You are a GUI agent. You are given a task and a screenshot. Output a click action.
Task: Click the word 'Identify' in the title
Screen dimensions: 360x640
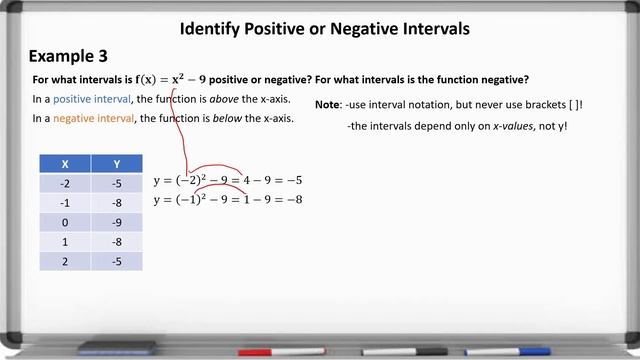coord(211,29)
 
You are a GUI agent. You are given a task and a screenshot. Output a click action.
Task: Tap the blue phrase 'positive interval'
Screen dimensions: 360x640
coord(93,100)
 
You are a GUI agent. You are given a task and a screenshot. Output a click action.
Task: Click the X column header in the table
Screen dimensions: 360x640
coord(65,164)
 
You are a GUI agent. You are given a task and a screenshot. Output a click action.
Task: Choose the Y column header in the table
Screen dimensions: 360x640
coord(117,164)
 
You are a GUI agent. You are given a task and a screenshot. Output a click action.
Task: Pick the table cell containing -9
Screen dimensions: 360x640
coord(117,222)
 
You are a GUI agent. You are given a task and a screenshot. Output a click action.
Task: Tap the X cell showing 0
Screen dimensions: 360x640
coord(65,222)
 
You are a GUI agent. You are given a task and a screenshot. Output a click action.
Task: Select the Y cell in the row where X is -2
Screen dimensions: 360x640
coord(117,183)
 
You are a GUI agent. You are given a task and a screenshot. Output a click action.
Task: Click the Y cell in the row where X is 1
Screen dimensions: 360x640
coord(117,241)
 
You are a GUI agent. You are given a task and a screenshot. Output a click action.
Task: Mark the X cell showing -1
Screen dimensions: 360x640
coord(65,203)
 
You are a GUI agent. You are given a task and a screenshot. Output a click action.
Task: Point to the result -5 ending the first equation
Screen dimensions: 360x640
coord(291,181)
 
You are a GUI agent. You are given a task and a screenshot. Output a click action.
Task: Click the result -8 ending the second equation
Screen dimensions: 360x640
coord(291,199)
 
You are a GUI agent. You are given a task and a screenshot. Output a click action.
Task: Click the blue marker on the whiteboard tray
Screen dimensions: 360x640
coord(520,352)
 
